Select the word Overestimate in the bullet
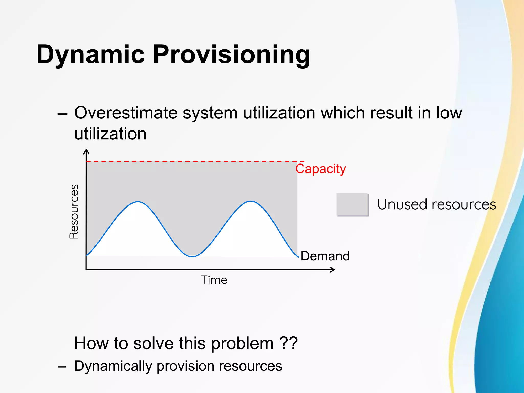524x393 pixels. click(x=126, y=113)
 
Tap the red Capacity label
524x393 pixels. click(x=320, y=169)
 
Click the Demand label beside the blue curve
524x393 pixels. click(x=325, y=256)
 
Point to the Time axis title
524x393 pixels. click(x=214, y=280)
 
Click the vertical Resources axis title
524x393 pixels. click(x=74, y=212)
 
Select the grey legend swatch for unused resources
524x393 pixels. click(x=352, y=205)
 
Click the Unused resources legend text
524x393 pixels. click(x=436, y=205)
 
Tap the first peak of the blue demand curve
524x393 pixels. click(x=138, y=202)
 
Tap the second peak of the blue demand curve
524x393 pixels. click(x=251, y=201)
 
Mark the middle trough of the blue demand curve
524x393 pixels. click(x=192, y=256)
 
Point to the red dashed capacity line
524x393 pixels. click(x=194, y=161)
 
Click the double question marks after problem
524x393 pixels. click(x=288, y=343)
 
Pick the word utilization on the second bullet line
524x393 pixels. click(x=110, y=134)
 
